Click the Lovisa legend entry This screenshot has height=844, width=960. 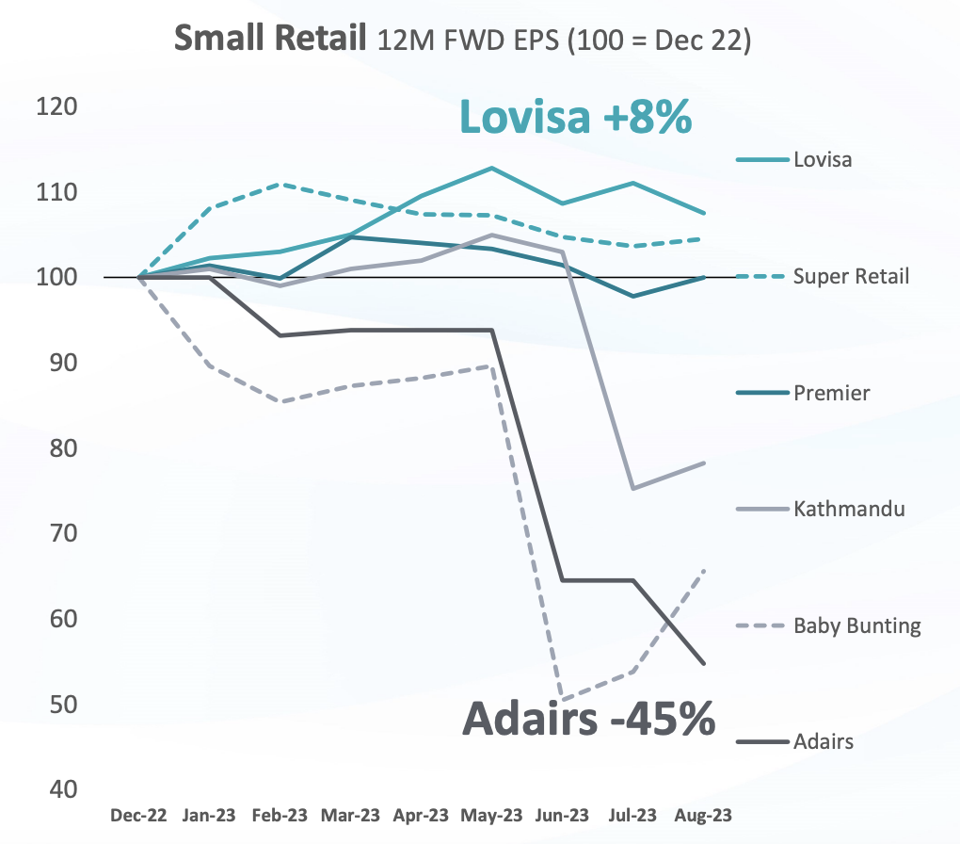coord(822,159)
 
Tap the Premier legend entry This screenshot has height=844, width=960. coord(831,393)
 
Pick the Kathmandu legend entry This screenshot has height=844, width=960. coord(848,510)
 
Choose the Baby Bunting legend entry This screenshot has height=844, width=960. coord(856,625)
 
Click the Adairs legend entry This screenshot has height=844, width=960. coord(823,741)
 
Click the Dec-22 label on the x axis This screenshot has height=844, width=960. coord(139,815)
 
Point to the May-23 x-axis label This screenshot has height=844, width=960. coord(492,815)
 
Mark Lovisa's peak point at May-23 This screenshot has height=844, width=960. coord(492,168)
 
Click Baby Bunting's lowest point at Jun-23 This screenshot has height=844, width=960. coord(563,700)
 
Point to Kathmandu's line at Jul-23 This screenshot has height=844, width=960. coord(633,489)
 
